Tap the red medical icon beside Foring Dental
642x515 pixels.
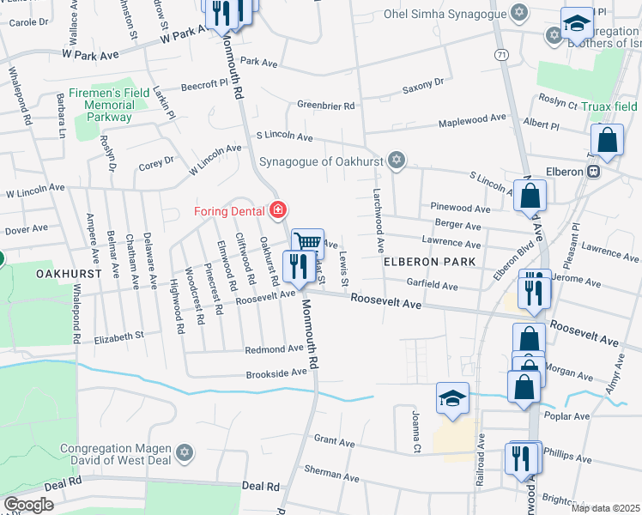pyautogui.click(x=277, y=209)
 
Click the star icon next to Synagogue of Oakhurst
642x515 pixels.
pyautogui.click(x=396, y=160)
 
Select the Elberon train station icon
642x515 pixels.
pyautogui.click(x=593, y=172)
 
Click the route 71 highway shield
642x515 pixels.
pyautogui.click(x=500, y=54)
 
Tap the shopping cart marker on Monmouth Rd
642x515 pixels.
pyautogui.click(x=306, y=243)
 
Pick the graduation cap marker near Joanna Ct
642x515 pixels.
pyautogui.click(x=452, y=398)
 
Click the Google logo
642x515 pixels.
pyautogui.click(x=28, y=504)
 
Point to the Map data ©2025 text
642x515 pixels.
pyautogui.click(x=605, y=508)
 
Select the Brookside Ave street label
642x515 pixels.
pyautogui.click(x=276, y=373)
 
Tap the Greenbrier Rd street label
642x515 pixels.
pyautogui.click(x=325, y=106)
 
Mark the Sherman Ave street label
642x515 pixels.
pyautogui.click(x=330, y=471)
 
